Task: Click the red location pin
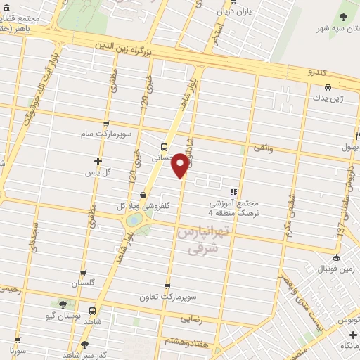tap(181, 165)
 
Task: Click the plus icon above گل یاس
tap(98, 161)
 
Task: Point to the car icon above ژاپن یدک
tap(328, 88)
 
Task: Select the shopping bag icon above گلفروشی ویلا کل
tap(143, 195)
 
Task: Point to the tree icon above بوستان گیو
tap(63, 304)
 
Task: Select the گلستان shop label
tap(83, 283)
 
